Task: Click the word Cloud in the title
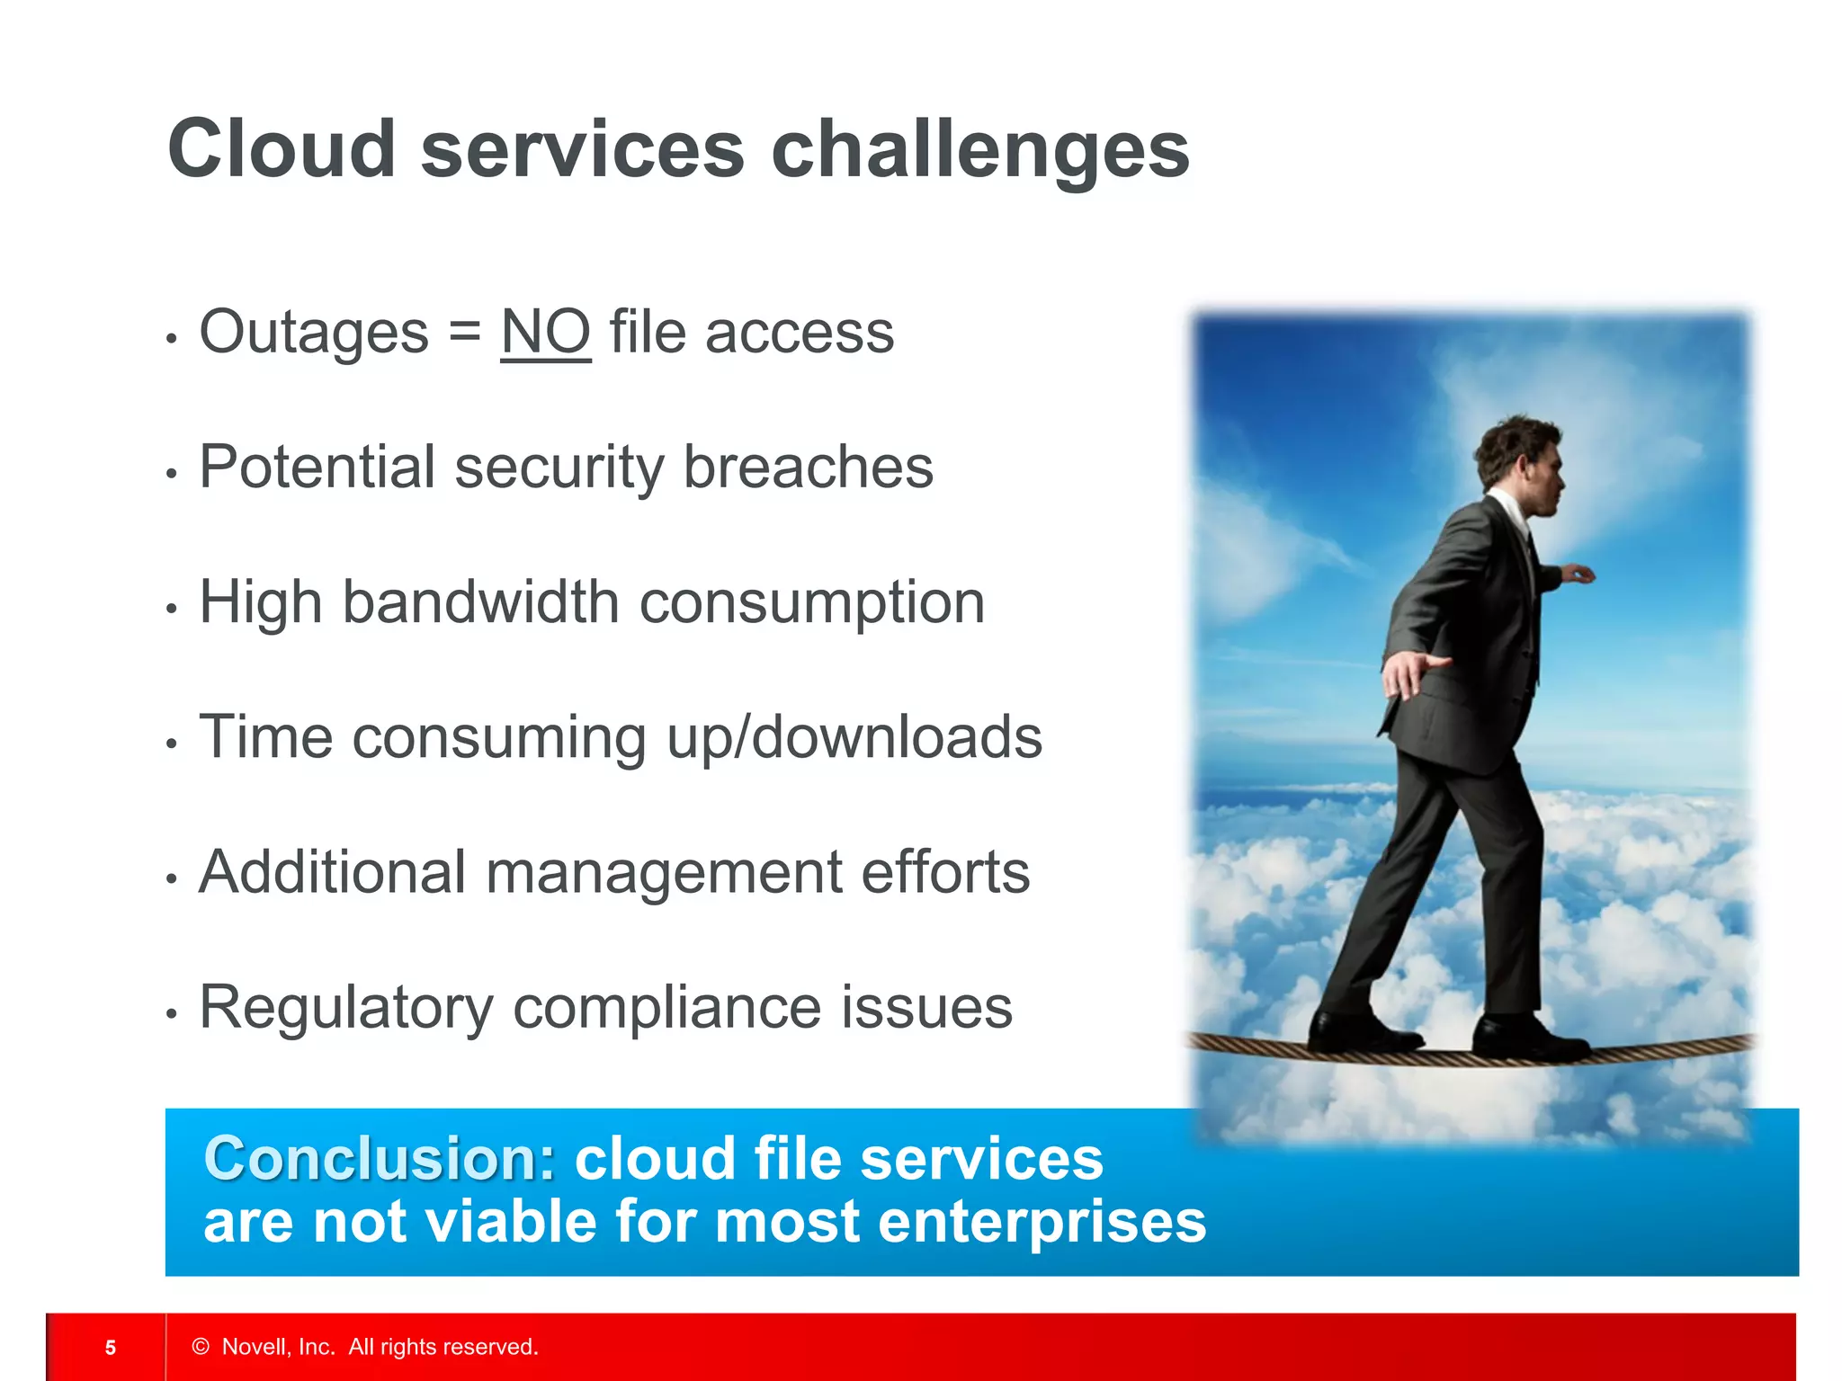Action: click(x=281, y=149)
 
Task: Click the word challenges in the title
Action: click(x=980, y=149)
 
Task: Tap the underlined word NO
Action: click(x=545, y=332)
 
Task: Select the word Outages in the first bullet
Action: click(x=314, y=332)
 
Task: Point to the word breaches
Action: click(x=808, y=467)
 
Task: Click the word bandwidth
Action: click(x=480, y=601)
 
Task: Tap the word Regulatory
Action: click(x=346, y=1008)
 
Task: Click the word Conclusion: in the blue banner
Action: click(x=380, y=1158)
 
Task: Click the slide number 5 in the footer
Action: click(x=111, y=1347)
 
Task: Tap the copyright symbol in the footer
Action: click(x=201, y=1346)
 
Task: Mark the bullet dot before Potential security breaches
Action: click(x=172, y=473)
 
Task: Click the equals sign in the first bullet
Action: click(x=464, y=332)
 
